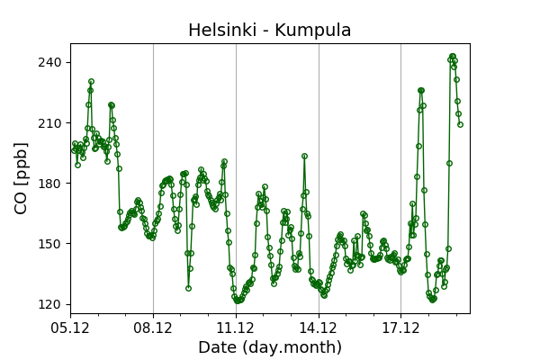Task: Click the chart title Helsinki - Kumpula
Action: point(269,31)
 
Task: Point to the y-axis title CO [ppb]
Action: point(22,178)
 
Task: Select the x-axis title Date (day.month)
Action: point(269,347)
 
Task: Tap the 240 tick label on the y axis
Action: point(50,62)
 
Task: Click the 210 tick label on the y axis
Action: point(50,122)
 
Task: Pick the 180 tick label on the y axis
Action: point(50,183)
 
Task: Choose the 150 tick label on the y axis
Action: point(50,243)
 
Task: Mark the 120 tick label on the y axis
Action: point(50,304)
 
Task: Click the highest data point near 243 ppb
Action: point(452,56)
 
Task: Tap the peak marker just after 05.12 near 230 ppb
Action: point(91,82)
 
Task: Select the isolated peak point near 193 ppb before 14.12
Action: point(304,156)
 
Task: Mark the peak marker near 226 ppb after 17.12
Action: point(420,90)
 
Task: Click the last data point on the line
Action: point(460,124)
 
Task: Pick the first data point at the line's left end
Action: point(74,150)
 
